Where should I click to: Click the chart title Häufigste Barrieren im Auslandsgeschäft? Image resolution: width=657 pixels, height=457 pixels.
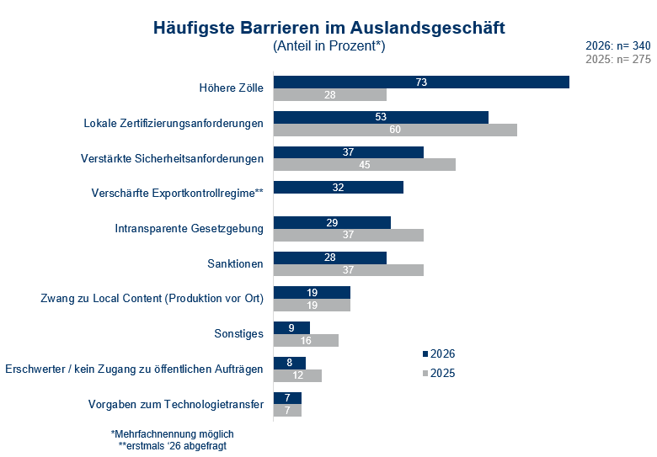tap(328, 27)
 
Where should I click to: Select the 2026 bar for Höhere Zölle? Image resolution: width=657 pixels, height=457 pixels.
tap(421, 82)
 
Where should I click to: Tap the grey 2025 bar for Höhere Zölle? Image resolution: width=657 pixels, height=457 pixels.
tap(330, 95)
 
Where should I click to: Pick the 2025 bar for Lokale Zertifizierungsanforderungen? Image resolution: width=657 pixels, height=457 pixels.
tap(395, 130)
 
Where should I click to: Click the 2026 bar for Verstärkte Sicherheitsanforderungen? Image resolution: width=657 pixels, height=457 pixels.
tap(349, 151)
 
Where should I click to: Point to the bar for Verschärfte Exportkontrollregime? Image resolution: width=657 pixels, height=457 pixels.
tap(339, 187)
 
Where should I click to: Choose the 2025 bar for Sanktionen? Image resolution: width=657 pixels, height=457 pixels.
tap(349, 270)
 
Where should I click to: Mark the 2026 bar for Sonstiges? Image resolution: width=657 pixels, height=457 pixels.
tap(292, 327)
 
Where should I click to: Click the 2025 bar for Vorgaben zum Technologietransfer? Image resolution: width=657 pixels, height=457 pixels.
tap(287, 410)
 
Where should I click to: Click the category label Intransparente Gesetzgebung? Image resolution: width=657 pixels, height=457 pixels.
tap(189, 228)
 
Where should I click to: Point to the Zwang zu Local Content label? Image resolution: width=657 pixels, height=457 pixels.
tap(152, 298)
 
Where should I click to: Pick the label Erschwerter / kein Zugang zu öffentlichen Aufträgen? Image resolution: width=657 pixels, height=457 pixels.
tap(134, 369)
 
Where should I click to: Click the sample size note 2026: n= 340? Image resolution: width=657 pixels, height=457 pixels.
tap(617, 45)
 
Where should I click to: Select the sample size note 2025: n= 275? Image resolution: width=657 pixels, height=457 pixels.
tap(617, 60)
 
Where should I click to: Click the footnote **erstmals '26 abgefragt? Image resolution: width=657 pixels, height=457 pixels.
tap(172, 446)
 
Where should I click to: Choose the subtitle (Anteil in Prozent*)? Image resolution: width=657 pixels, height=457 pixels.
tap(328, 46)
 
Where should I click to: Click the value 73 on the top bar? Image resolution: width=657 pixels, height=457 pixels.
tap(422, 82)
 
